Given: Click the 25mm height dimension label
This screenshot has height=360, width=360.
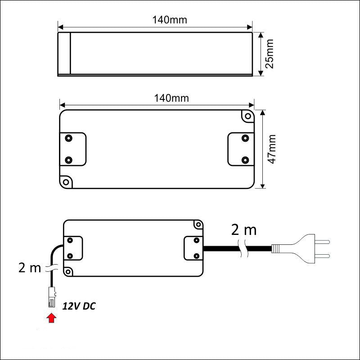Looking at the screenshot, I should click(270, 54).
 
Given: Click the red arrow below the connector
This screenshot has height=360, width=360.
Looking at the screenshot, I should click(52, 319).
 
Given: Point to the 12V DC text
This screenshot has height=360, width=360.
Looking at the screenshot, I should click(79, 306).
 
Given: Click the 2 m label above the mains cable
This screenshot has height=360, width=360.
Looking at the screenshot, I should click(243, 230).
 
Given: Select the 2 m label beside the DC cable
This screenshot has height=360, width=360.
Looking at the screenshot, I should click(30, 268).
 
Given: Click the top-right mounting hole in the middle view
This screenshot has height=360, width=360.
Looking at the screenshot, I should click(247, 117).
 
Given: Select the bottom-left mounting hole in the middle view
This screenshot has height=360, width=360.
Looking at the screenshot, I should click(67, 182).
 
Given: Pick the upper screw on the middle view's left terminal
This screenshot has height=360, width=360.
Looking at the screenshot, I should click(69, 137).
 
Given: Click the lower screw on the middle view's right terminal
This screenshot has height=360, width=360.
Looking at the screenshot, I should click(245, 160).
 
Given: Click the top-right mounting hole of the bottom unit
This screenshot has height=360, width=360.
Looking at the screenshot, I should click(197, 225).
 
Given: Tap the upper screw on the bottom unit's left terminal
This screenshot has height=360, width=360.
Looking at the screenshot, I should click(70, 240).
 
